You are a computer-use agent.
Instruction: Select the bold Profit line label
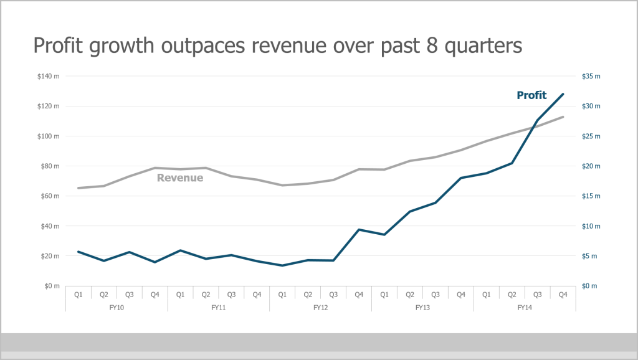[x=531, y=95]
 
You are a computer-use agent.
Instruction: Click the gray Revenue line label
[x=180, y=178]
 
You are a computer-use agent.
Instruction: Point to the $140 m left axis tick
[x=48, y=77]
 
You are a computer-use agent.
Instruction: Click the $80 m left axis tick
[x=49, y=166]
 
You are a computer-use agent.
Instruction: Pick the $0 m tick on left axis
[x=52, y=286]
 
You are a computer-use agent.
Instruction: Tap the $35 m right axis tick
[x=591, y=77]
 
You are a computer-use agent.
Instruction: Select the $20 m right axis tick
[x=591, y=166]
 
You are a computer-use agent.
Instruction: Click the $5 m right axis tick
[x=589, y=256]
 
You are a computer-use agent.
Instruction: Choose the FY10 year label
[x=117, y=307]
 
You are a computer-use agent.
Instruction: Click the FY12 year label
[x=320, y=307]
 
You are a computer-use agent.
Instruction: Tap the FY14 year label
[x=525, y=307]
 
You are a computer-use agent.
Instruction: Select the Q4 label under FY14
[x=563, y=295]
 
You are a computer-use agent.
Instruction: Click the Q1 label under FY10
[x=79, y=295]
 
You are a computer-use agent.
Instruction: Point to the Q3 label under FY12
[x=333, y=295]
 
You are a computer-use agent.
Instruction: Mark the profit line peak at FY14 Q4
[x=563, y=94]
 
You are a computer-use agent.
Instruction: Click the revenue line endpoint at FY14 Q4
[x=563, y=117]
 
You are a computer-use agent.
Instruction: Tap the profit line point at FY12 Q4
[x=359, y=230]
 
